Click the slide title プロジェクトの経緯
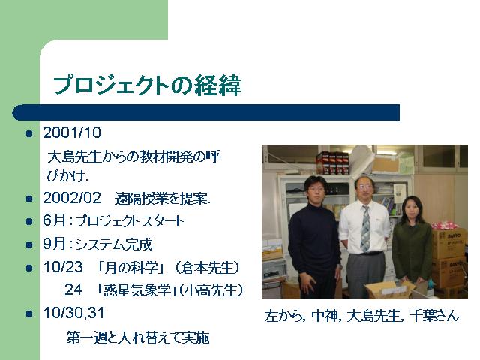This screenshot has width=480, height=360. click(x=148, y=85)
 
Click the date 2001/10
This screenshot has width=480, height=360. click(x=72, y=133)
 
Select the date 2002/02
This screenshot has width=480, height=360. click(x=72, y=198)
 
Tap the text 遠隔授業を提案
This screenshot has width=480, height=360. click(x=163, y=199)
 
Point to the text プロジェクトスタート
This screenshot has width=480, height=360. click(x=130, y=221)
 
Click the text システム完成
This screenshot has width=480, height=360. click(x=113, y=244)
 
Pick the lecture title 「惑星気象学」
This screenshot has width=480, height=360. click(x=136, y=289)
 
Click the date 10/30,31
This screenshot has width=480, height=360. click(x=73, y=313)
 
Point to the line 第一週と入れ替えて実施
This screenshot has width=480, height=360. click(x=138, y=337)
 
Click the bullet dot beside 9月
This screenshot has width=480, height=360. click(x=29, y=245)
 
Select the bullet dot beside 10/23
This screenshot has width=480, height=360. click(x=29, y=268)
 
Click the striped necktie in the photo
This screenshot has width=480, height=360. click(x=365, y=228)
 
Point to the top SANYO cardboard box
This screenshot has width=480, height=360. click(x=450, y=243)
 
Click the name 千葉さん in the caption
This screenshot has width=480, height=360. click(x=434, y=316)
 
